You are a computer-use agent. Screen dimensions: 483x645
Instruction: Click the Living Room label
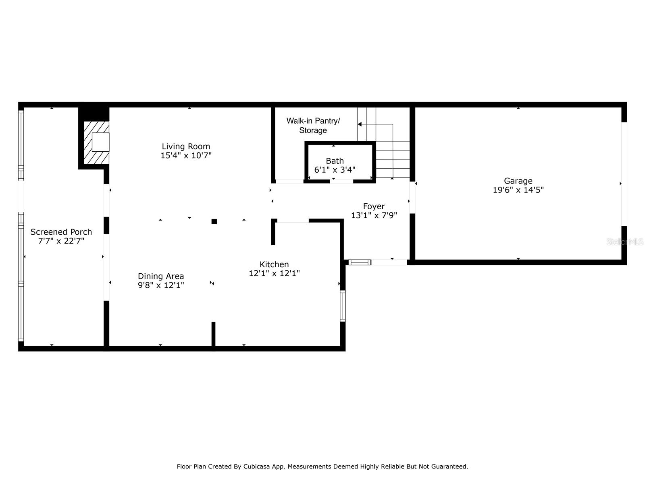pos(186,147)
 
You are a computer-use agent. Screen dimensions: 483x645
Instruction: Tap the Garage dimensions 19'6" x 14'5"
pos(518,190)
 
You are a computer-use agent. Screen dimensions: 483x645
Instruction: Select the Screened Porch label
pos(61,232)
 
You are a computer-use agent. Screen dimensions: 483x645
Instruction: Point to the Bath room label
pos(335,161)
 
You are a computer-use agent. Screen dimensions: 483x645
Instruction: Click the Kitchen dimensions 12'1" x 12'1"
pos(274,273)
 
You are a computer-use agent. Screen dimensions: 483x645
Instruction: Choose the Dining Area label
pos(161,276)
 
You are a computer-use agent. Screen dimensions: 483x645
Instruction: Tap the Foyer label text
pos(374,206)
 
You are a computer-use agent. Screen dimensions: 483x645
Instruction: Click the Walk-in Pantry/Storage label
pos(313,126)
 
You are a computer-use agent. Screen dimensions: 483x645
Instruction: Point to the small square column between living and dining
pos(214,221)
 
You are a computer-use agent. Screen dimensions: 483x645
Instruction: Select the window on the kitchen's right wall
pos(343,306)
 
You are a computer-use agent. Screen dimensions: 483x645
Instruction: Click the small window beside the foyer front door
pos(359,262)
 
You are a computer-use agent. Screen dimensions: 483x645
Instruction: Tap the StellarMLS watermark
pos(625,242)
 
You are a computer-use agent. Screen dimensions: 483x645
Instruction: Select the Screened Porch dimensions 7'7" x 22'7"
pos(61,241)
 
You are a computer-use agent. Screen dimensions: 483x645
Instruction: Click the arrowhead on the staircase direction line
pos(360,124)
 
